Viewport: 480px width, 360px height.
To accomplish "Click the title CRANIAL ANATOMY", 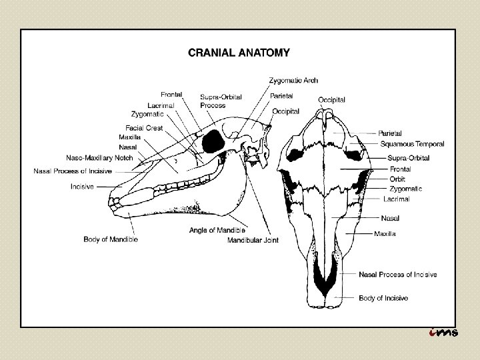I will click(239, 51).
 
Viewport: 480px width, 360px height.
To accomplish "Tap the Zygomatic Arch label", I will click(293, 81).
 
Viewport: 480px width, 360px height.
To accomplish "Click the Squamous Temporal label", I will click(412, 144).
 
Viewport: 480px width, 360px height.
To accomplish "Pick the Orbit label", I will click(397, 179).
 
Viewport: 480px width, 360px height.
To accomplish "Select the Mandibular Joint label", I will click(253, 240).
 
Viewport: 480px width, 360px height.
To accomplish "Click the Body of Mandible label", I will click(111, 239).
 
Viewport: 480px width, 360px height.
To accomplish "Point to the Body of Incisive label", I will click(383, 298).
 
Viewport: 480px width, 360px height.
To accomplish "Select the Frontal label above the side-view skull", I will click(171, 94).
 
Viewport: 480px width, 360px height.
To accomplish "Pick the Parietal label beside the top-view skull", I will click(390, 133).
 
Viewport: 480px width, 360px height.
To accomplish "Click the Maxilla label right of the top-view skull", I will click(385, 234).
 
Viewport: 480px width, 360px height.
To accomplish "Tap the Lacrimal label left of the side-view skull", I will click(161, 105).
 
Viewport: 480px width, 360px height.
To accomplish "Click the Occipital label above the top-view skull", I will click(331, 99).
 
